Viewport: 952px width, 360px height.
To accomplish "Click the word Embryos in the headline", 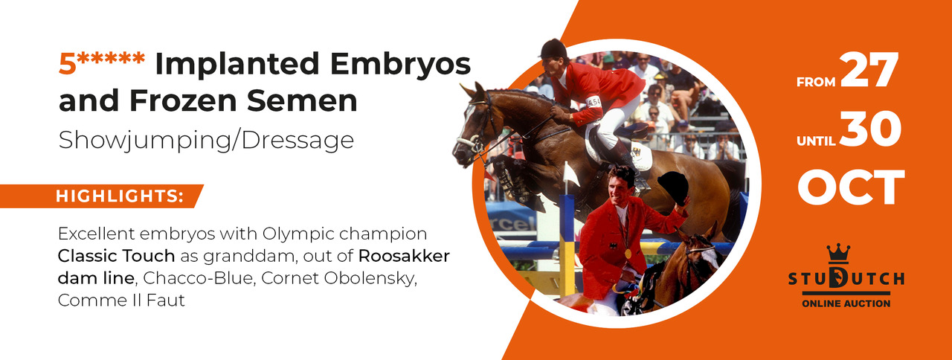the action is (x=400, y=64).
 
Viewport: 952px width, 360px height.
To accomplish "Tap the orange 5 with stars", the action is (x=102, y=63).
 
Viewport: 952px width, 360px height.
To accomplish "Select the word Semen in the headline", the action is (x=302, y=100).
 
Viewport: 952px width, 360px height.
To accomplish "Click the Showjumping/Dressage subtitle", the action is (x=206, y=141).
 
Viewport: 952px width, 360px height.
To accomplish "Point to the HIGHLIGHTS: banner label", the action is (x=120, y=196).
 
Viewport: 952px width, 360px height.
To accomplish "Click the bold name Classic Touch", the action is (x=117, y=256).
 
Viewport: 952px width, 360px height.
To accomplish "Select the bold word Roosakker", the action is (x=404, y=256).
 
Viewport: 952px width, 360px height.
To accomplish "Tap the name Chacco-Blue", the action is (x=199, y=278).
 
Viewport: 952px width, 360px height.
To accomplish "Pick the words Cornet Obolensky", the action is (x=338, y=278).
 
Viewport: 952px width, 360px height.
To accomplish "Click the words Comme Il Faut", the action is (x=121, y=300).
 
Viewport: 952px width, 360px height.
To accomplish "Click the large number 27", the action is (x=869, y=70).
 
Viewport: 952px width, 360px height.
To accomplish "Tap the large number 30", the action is (x=870, y=129).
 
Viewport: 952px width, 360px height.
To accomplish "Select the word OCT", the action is (x=851, y=187).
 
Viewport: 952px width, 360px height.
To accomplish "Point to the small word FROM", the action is (x=816, y=82).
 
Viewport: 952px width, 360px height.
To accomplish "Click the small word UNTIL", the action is (x=816, y=141).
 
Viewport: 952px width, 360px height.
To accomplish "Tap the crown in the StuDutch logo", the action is (x=838, y=254).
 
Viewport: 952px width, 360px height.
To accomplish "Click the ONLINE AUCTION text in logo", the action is (x=846, y=303).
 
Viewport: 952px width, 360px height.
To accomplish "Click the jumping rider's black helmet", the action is (x=553, y=48).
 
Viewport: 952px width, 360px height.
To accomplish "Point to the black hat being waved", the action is (x=674, y=187).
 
